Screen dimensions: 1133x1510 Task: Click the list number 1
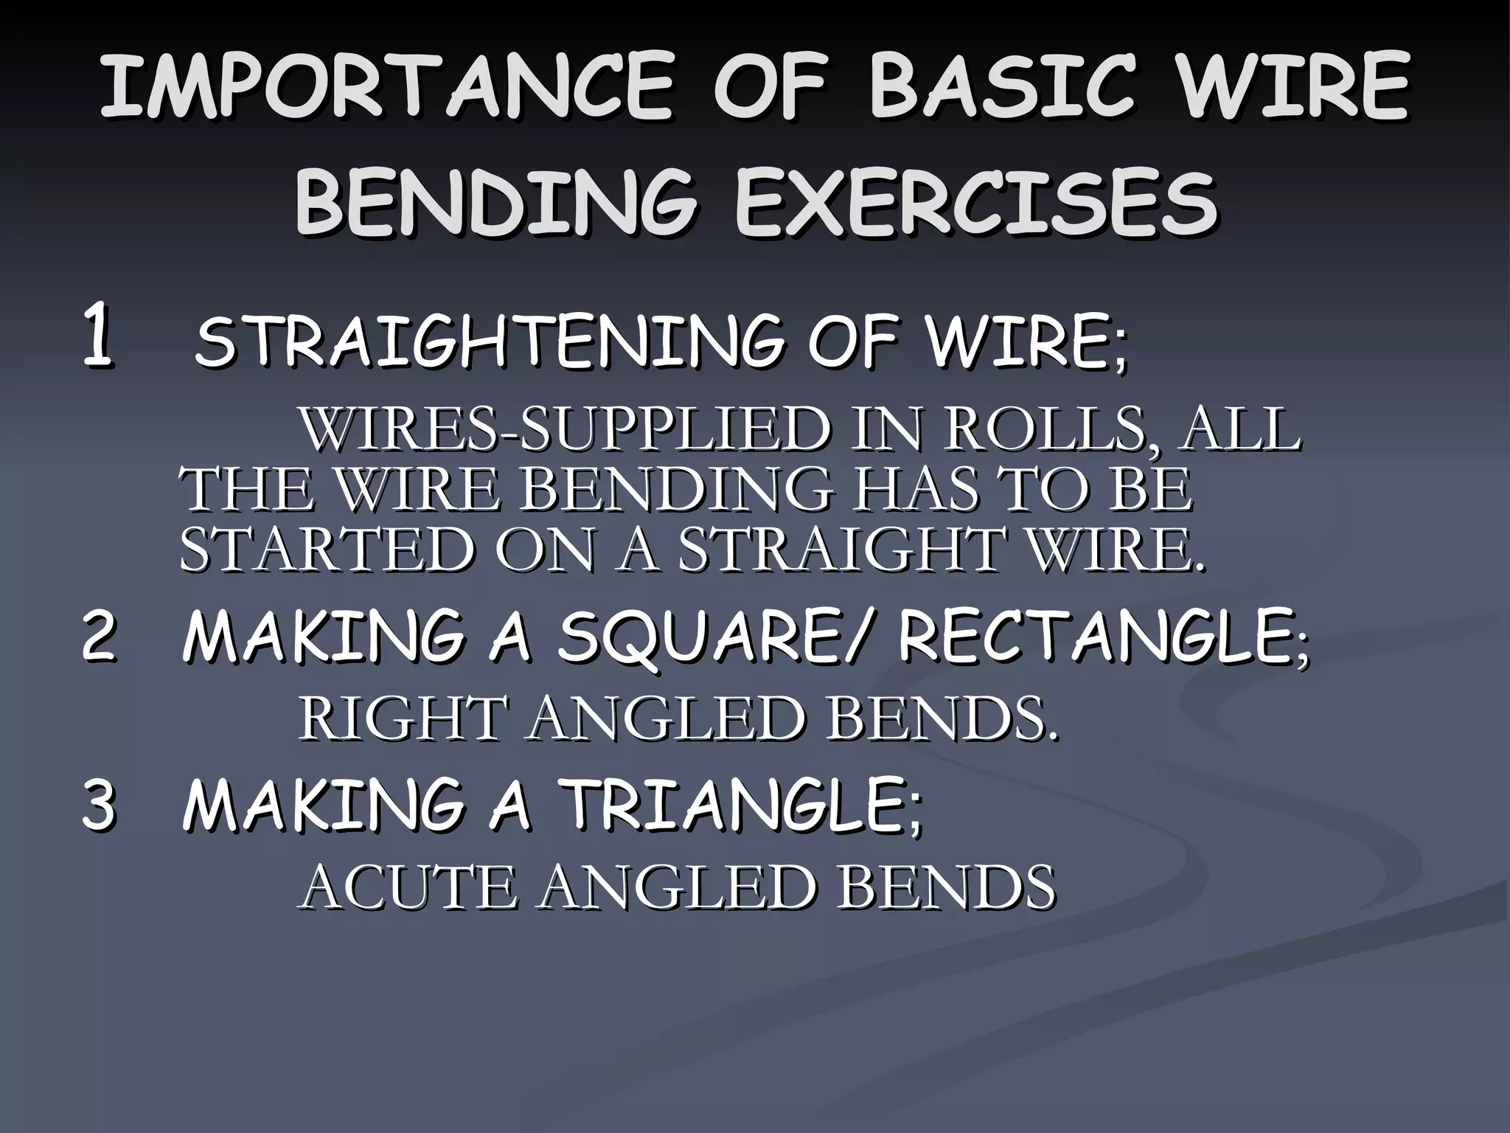coord(97,337)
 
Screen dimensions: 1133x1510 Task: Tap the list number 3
coord(98,806)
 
